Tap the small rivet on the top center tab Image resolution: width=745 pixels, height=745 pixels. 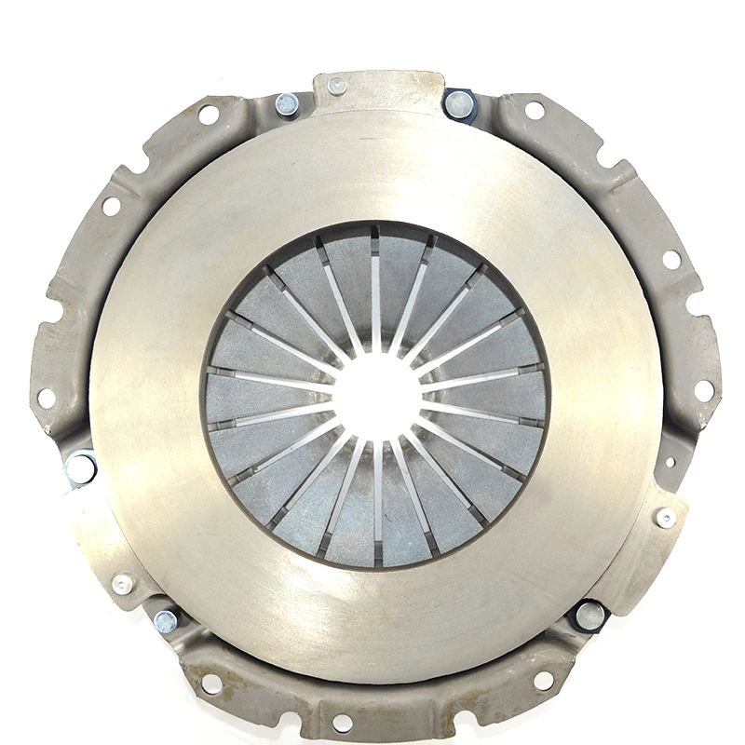click(x=337, y=86)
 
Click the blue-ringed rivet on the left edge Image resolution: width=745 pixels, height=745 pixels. click(x=80, y=468)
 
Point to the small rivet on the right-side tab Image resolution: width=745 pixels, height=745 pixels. click(x=665, y=519)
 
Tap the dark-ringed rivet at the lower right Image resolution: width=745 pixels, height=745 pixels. click(x=589, y=615)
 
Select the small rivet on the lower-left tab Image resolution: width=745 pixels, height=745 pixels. click(x=122, y=584)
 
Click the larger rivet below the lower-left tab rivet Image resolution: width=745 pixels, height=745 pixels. click(x=167, y=620)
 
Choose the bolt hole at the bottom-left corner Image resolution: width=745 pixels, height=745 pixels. click(x=212, y=684)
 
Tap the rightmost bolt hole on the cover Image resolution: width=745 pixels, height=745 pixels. click(x=704, y=390)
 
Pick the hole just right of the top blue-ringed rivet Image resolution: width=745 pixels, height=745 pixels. click(x=535, y=111)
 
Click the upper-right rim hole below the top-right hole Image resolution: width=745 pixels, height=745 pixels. click(x=671, y=260)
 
